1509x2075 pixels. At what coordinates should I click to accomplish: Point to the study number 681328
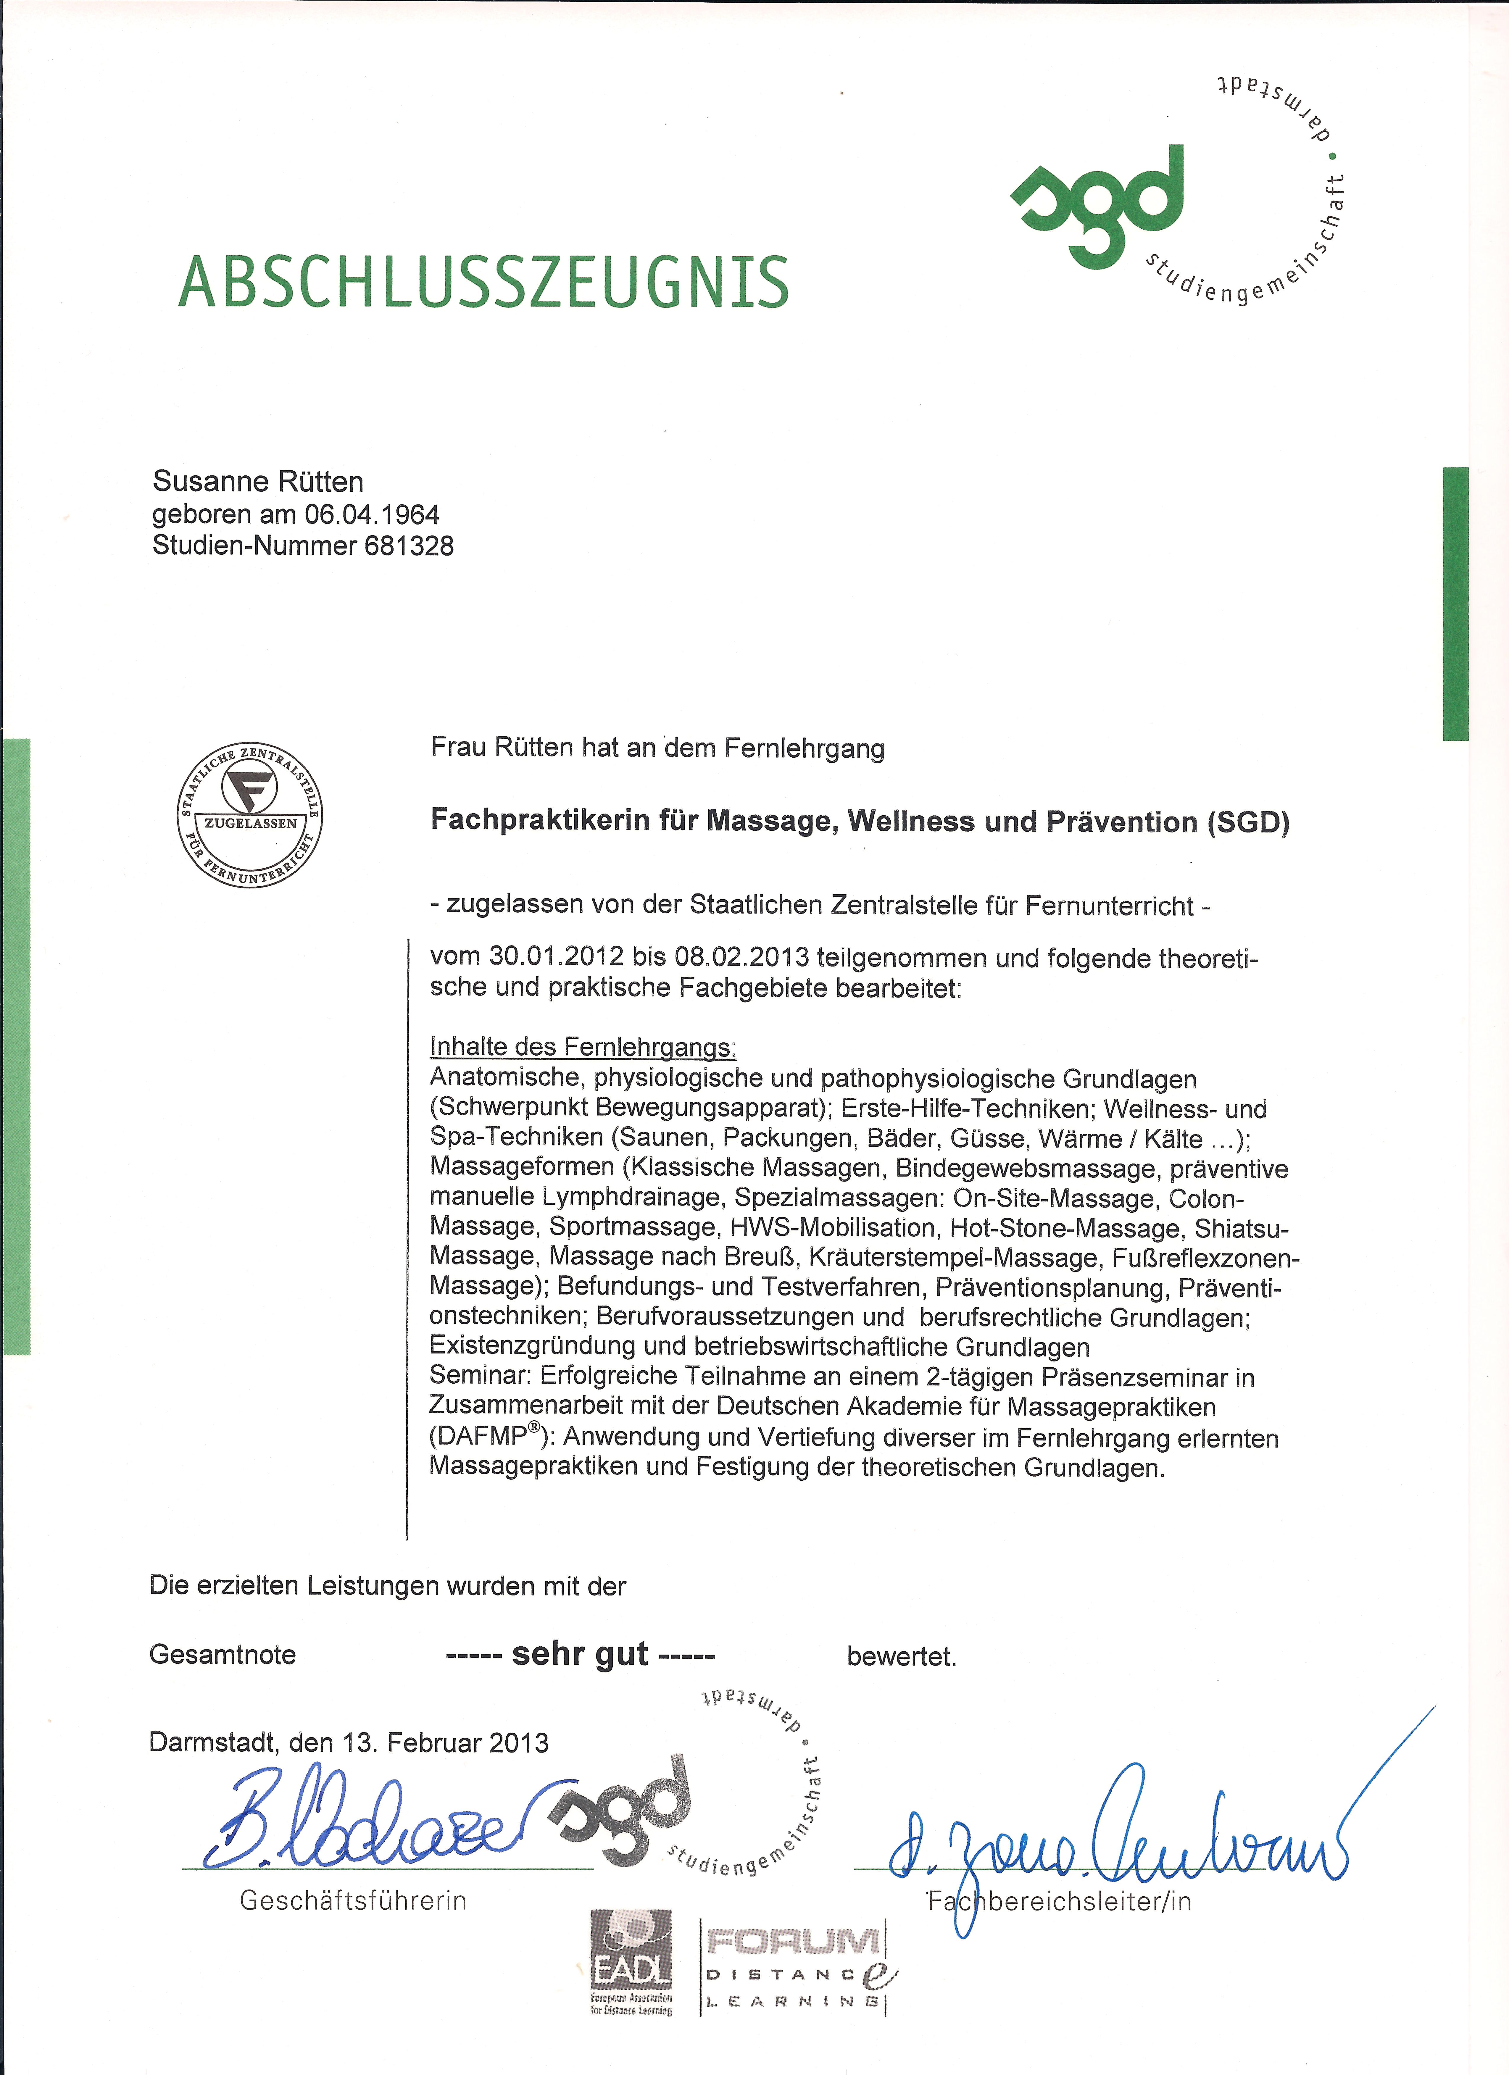[409, 546]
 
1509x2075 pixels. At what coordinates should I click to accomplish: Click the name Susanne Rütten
[258, 481]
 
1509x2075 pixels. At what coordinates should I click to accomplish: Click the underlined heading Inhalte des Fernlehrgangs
[583, 1047]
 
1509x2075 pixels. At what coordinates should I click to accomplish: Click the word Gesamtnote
[223, 1655]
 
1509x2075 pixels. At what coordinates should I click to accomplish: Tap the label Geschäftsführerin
[353, 1901]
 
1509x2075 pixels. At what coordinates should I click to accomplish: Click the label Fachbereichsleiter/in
[1060, 1902]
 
